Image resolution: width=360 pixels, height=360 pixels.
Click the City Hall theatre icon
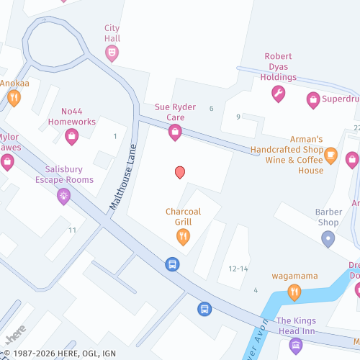(x=112, y=52)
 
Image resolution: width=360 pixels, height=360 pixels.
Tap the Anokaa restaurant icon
(x=14, y=98)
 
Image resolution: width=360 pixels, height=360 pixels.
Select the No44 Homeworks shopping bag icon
(x=71, y=135)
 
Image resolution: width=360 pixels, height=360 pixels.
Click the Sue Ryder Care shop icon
(x=174, y=132)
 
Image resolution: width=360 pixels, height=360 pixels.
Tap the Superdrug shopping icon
(x=312, y=99)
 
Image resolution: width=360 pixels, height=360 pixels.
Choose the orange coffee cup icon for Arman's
(x=330, y=153)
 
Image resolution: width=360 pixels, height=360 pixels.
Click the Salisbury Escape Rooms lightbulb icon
(x=64, y=194)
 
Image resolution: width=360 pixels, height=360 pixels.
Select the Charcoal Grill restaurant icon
(x=183, y=235)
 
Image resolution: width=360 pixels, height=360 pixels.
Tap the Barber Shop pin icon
(x=328, y=239)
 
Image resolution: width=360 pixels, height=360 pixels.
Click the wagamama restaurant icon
(x=294, y=292)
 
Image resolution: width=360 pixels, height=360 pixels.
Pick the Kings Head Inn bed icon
(x=295, y=345)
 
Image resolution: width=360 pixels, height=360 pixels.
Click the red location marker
(x=180, y=172)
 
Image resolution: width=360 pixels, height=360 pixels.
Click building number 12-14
(x=238, y=269)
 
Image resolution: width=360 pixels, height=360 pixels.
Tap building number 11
(x=72, y=230)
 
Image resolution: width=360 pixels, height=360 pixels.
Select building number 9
(x=238, y=117)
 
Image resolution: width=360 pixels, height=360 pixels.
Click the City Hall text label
(x=112, y=33)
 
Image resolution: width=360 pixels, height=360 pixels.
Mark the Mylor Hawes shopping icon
(x=7, y=161)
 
